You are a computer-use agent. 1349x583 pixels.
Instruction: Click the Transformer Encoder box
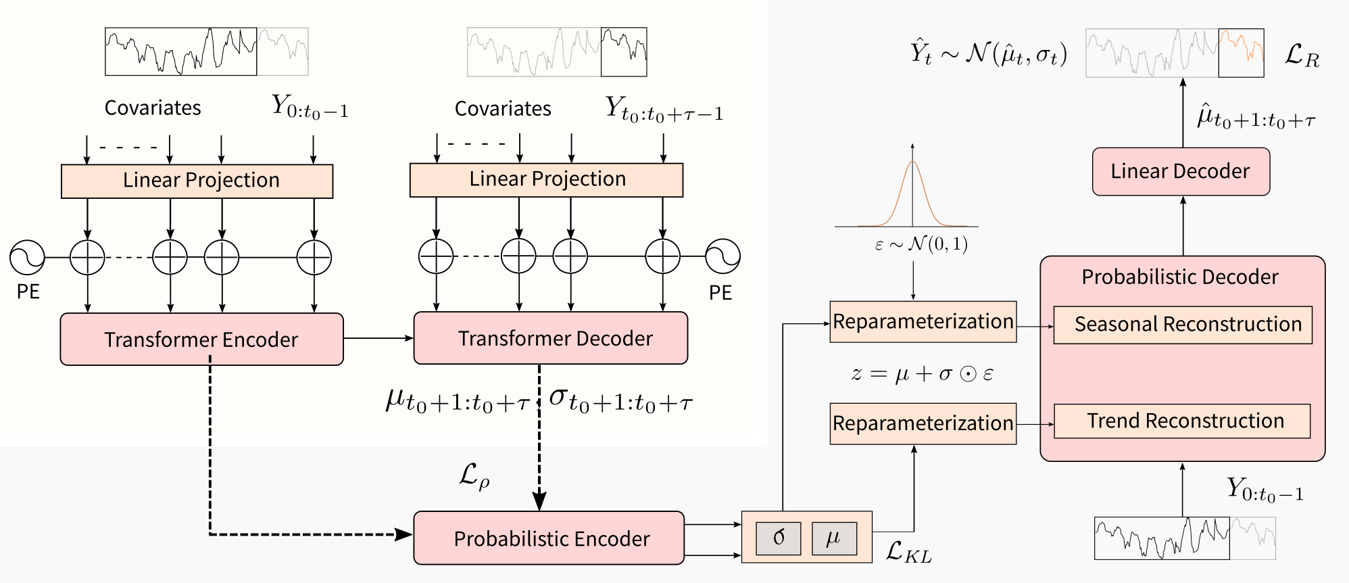(x=201, y=339)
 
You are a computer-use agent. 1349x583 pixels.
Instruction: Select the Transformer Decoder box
(x=550, y=338)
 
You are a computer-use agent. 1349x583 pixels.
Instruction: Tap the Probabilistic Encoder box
(x=549, y=538)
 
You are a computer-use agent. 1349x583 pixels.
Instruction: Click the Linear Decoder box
(x=1181, y=172)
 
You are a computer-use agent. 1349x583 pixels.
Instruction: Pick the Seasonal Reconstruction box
(x=1183, y=325)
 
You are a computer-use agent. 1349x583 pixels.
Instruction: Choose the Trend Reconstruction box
(x=1182, y=421)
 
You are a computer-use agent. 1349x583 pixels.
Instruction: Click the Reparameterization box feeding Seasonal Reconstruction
(x=923, y=322)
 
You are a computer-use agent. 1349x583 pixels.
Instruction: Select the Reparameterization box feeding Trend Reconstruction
(x=923, y=423)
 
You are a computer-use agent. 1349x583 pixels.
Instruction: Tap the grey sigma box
(x=779, y=538)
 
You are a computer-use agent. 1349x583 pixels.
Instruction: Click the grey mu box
(x=834, y=538)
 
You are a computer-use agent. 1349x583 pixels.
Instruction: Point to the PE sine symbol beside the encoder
(x=27, y=258)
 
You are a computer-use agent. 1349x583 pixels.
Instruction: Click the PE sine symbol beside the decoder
(x=722, y=257)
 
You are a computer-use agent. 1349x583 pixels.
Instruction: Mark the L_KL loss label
(x=908, y=552)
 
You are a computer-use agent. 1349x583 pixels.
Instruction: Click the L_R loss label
(x=1302, y=55)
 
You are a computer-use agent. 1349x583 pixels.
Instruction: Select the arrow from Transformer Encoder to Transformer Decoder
(x=378, y=338)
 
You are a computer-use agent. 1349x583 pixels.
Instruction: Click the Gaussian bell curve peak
(x=912, y=162)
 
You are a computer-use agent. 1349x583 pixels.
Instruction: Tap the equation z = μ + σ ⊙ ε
(x=922, y=373)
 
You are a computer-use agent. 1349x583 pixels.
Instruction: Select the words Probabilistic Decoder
(x=1180, y=277)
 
